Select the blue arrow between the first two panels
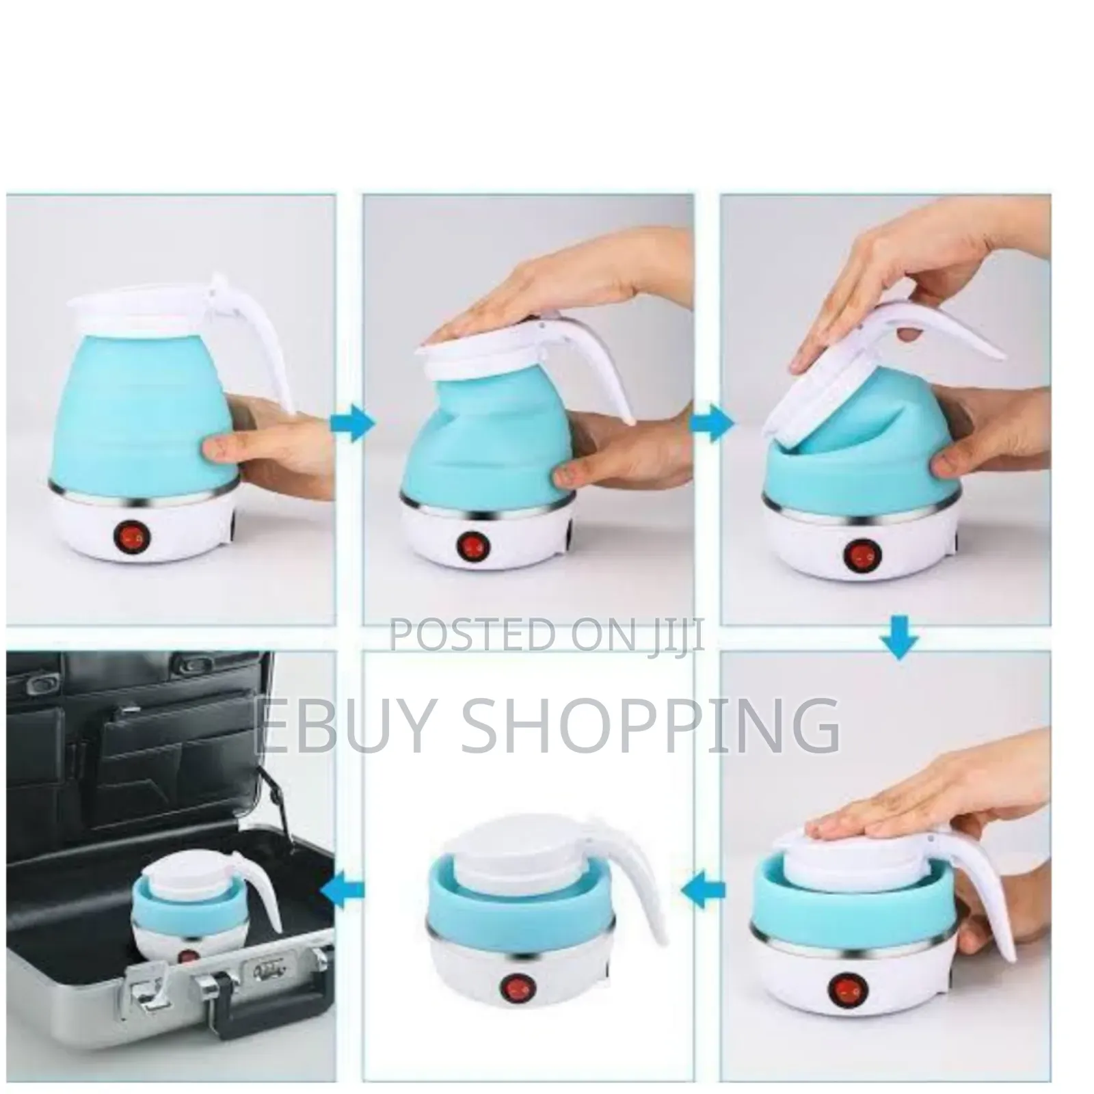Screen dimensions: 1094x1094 (352, 424)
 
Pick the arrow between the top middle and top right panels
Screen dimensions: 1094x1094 (711, 424)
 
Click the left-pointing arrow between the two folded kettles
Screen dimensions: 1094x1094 (704, 890)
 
